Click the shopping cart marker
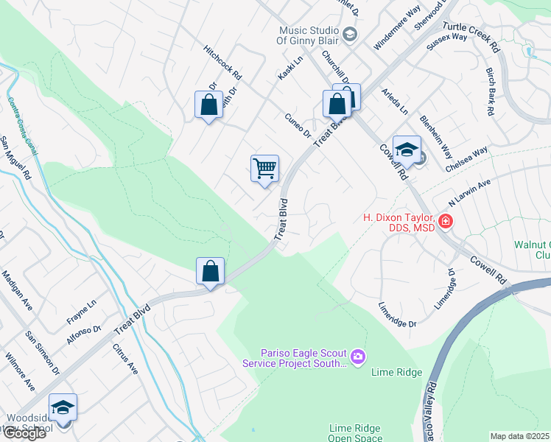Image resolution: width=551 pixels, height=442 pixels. click(x=264, y=169)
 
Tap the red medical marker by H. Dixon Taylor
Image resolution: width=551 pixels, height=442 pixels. click(x=445, y=221)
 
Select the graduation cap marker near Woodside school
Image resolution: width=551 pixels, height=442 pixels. click(x=63, y=408)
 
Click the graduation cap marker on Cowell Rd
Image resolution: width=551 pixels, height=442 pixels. click(x=407, y=150)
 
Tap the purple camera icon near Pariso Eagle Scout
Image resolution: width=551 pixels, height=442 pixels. click(x=358, y=357)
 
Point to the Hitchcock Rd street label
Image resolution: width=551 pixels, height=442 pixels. click(x=223, y=64)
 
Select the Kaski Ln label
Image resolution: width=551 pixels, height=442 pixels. click(x=290, y=70)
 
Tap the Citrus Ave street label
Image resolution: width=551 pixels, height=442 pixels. click(x=125, y=358)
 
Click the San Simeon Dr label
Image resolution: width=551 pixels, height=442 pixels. click(x=42, y=352)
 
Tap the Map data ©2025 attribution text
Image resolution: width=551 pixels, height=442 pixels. click(x=520, y=436)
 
